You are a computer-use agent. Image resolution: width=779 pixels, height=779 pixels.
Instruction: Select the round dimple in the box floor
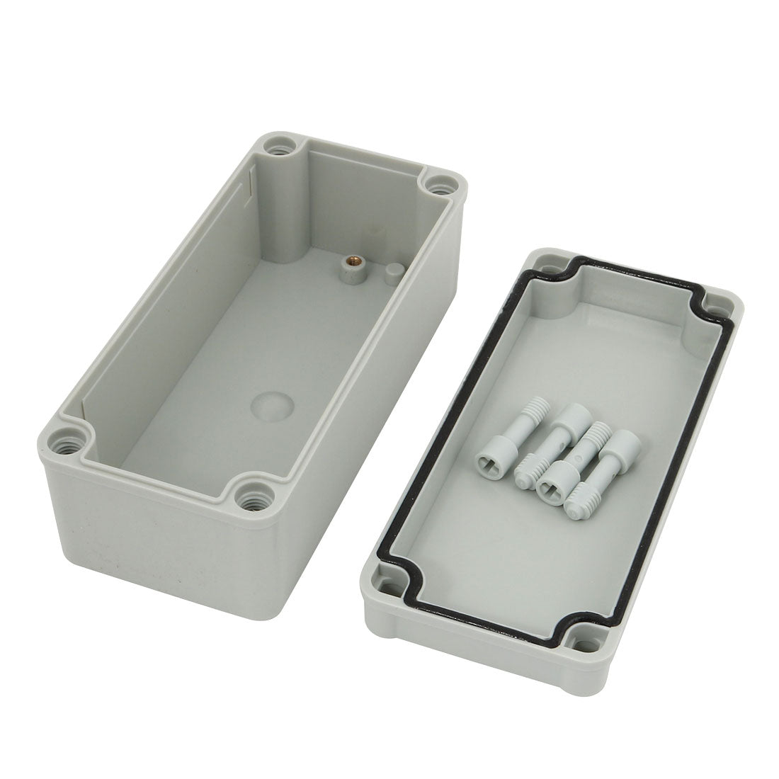(272, 404)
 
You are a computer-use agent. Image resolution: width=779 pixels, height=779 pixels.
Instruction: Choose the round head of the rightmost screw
(622, 446)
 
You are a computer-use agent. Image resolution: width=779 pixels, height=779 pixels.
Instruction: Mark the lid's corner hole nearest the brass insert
(545, 269)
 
